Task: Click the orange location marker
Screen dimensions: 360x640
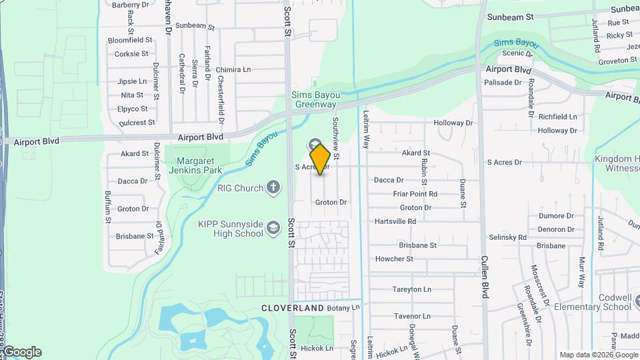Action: (x=320, y=159)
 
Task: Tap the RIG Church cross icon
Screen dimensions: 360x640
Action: (x=273, y=188)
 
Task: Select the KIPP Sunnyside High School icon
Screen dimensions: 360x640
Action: (x=273, y=229)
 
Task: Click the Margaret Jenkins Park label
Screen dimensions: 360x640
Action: (x=193, y=165)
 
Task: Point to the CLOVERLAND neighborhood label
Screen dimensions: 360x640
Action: (x=292, y=308)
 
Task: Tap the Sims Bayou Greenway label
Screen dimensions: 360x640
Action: (x=314, y=99)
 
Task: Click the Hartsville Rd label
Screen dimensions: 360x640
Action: (x=395, y=221)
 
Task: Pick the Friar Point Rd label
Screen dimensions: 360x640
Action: (x=415, y=194)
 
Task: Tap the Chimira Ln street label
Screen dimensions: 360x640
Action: (x=233, y=69)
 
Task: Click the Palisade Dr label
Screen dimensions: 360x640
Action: (x=503, y=83)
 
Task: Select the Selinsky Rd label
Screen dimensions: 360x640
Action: (x=507, y=237)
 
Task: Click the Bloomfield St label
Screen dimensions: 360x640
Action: (x=130, y=40)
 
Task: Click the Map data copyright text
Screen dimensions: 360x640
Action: (x=598, y=355)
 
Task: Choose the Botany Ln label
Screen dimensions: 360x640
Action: (x=343, y=308)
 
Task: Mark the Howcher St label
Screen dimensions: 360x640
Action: (x=394, y=259)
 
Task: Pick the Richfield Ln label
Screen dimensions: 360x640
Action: (x=557, y=117)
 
